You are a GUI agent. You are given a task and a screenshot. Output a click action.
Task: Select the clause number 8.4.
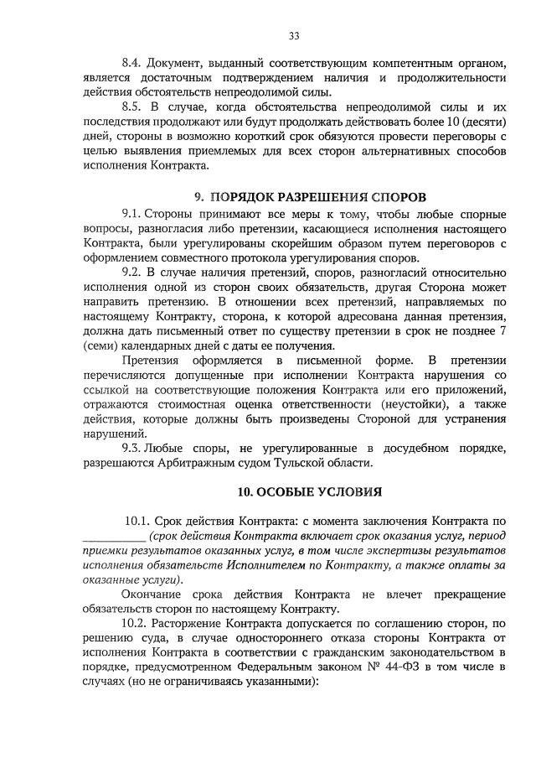click(x=134, y=63)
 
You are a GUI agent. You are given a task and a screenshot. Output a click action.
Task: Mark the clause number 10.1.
click(x=140, y=522)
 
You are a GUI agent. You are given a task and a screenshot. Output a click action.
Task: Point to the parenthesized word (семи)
click(x=102, y=346)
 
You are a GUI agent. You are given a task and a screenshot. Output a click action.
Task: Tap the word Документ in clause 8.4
click(x=178, y=63)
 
